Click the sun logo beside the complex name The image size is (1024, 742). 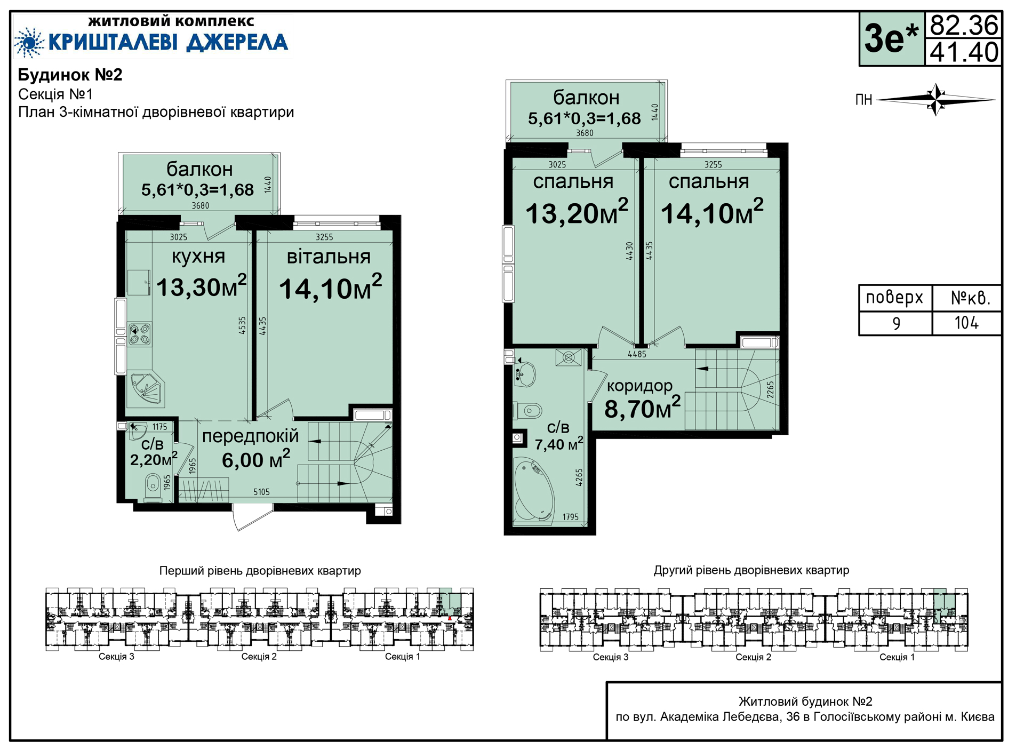pyautogui.click(x=29, y=42)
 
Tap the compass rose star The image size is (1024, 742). pyautogui.click(x=937, y=99)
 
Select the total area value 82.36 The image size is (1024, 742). pyautogui.click(x=964, y=25)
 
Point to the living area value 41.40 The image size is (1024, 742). pyautogui.click(x=964, y=52)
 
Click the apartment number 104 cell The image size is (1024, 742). pyautogui.click(x=966, y=323)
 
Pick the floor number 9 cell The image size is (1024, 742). pyautogui.click(x=896, y=323)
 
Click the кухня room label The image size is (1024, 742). pyautogui.click(x=198, y=257)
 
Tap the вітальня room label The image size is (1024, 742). pyautogui.click(x=329, y=257)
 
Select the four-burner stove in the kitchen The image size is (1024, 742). pyautogui.click(x=140, y=334)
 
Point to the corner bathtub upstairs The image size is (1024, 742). pyautogui.click(x=533, y=491)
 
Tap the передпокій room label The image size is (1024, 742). pyautogui.click(x=250, y=436)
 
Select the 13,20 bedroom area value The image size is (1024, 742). pyautogui.click(x=577, y=212)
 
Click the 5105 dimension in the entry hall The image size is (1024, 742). pyautogui.click(x=261, y=492)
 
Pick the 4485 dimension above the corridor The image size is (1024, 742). pyautogui.click(x=637, y=354)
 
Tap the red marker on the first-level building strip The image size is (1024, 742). pyautogui.click(x=450, y=618)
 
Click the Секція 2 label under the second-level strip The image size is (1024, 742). pyautogui.click(x=753, y=657)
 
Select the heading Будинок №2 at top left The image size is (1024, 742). pyautogui.click(x=70, y=75)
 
